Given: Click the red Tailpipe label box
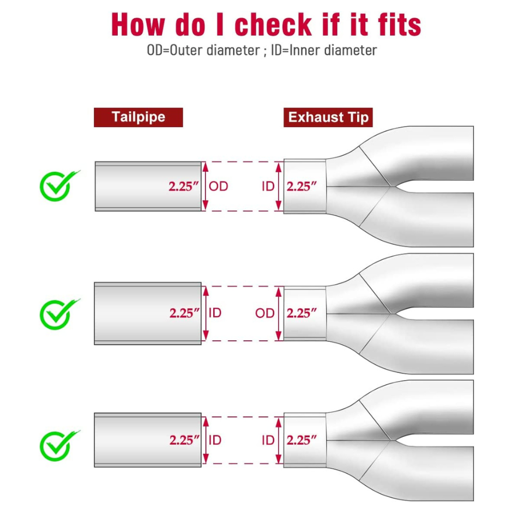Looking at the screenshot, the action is click(x=138, y=117).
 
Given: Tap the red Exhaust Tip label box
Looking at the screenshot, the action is click(x=328, y=117).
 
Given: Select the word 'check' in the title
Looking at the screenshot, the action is click(x=273, y=24).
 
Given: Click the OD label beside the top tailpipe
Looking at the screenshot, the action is click(x=218, y=186).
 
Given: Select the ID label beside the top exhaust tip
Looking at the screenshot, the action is click(x=268, y=186).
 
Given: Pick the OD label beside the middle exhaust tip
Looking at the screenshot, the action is click(x=264, y=313).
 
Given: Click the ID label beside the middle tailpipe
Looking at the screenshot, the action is click(x=215, y=313).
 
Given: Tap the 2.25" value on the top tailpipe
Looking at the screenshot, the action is click(x=184, y=186).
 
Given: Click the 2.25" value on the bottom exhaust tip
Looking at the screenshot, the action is click(x=302, y=440).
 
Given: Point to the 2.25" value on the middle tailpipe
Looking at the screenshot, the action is click(x=185, y=313).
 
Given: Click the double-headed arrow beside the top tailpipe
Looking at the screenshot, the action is click(x=206, y=186).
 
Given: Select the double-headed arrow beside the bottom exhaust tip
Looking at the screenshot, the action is click(x=279, y=440).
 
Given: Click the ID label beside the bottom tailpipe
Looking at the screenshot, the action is click(x=215, y=440).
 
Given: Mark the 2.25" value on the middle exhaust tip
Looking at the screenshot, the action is click(x=302, y=313).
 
